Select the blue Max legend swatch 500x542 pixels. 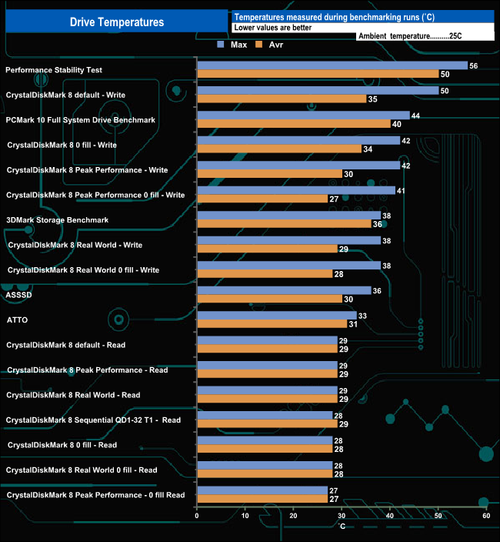[x=222, y=45]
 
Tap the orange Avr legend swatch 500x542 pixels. [x=258, y=45]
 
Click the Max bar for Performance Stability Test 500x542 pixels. [x=332, y=65]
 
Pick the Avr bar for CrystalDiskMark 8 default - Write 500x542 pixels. [x=282, y=99]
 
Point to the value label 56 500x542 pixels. [x=473, y=66]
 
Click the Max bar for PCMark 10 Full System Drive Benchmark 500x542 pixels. [x=303, y=115]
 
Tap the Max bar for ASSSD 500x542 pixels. [x=284, y=290]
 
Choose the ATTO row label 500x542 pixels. [x=18, y=320]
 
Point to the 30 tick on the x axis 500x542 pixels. [x=342, y=517]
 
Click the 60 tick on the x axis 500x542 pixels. [x=486, y=517]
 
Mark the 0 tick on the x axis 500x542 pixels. [x=198, y=517]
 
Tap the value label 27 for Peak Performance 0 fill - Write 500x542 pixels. [x=334, y=199]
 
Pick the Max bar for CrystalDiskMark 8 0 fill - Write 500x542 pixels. [x=298, y=140]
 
